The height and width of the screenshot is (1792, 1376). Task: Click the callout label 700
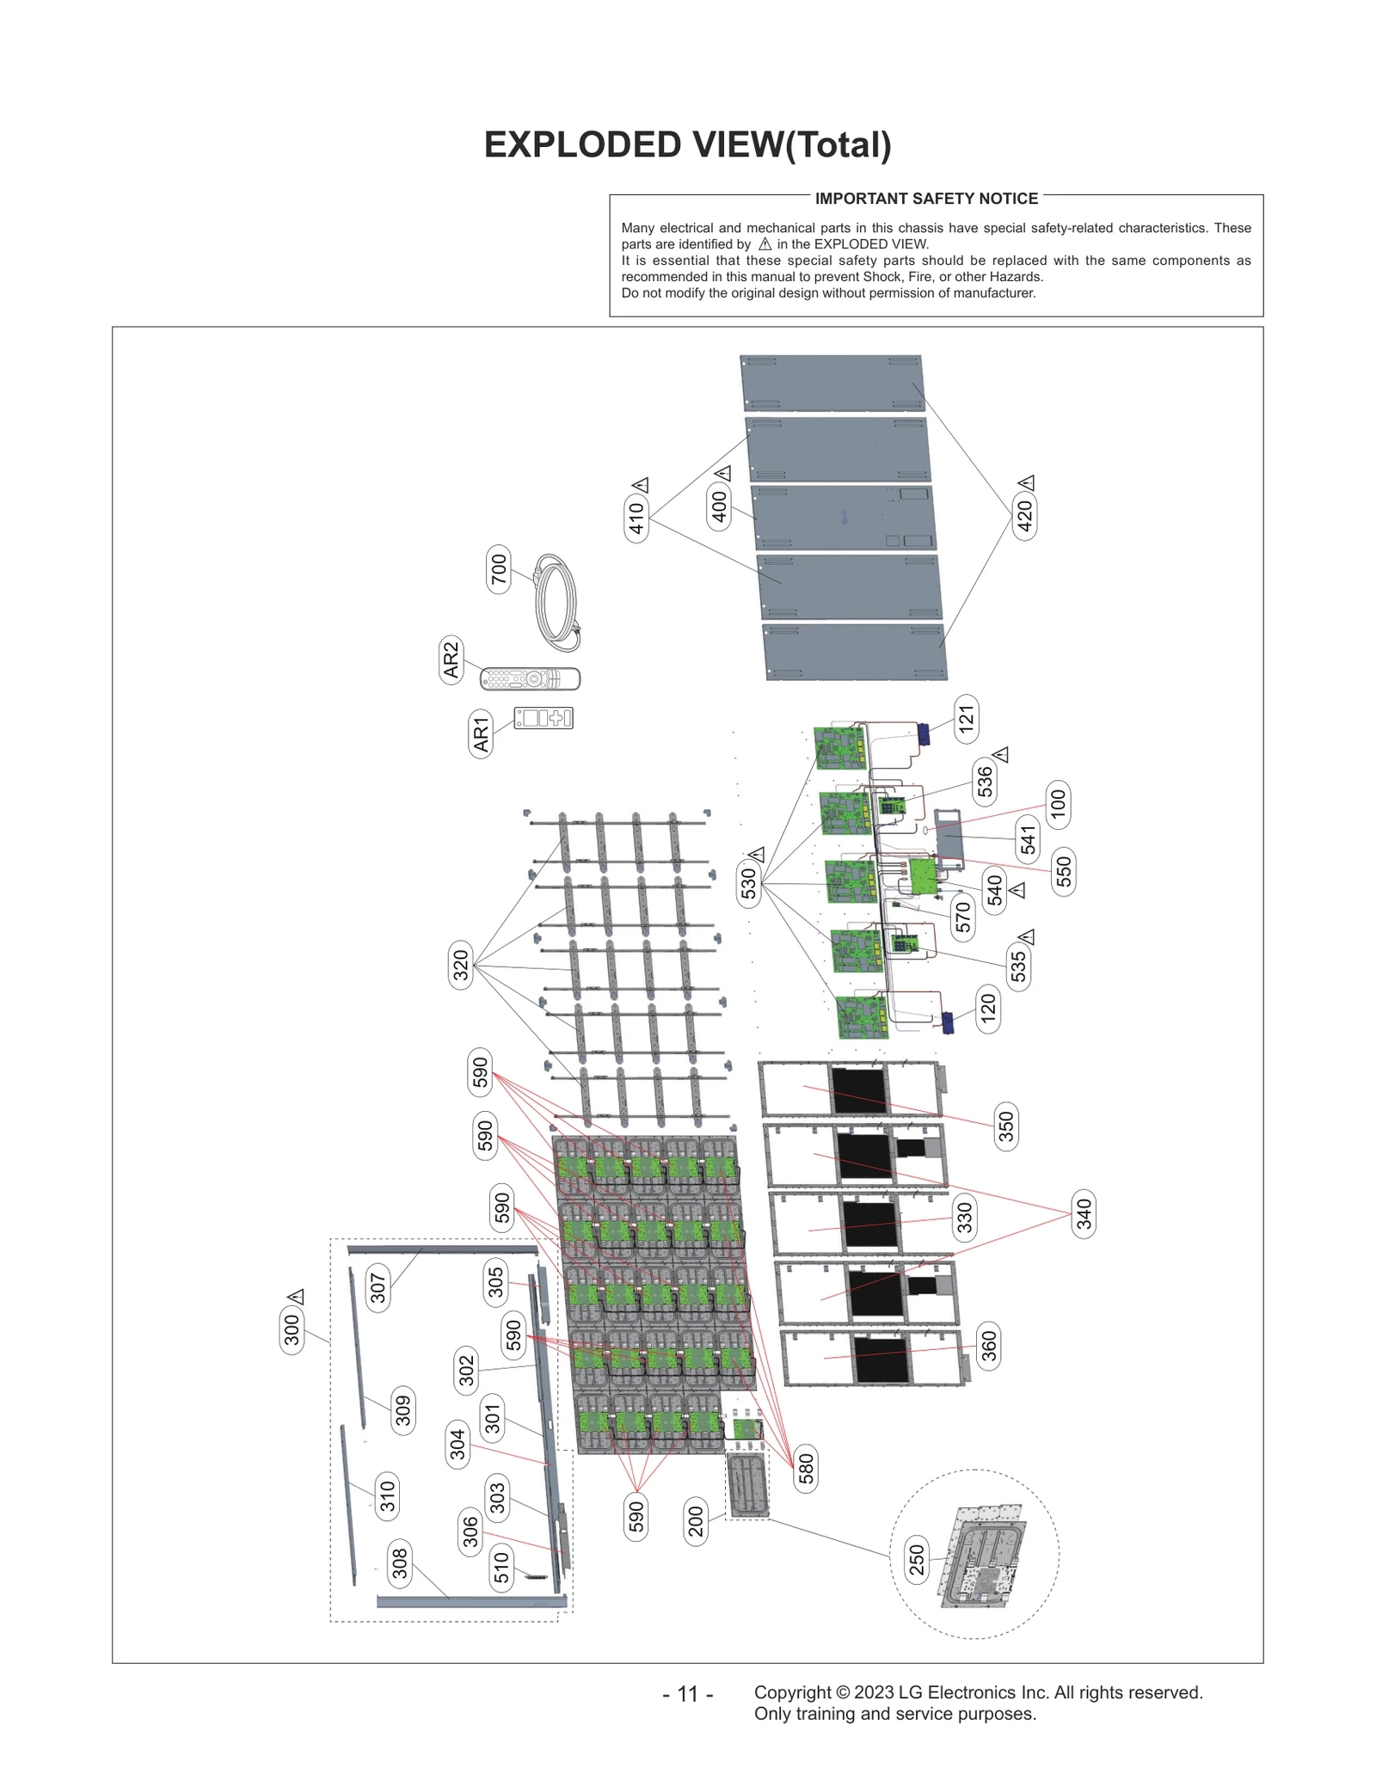(499, 568)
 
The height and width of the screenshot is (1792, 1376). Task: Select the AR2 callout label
(451, 660)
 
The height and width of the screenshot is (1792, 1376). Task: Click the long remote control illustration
(530, 678)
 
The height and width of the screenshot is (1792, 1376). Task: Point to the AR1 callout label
(481, 733)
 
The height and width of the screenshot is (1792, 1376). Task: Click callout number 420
(1024, 516)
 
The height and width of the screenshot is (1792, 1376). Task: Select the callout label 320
(461, 965)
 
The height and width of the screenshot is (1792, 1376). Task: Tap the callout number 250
(916, 1560)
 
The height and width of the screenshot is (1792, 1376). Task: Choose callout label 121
(967, 719)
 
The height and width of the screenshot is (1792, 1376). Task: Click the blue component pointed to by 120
(948, 1022)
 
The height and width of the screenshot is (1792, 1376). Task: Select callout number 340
(1084, 1214)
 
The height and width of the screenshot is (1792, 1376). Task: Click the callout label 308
(400, 1562)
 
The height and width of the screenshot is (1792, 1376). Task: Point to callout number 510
(501, 1568)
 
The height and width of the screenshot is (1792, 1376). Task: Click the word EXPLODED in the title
(582, 144)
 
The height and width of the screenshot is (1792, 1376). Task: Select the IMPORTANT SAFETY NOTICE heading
(926, 199)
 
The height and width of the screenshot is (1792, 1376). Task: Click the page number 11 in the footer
(687, 1693)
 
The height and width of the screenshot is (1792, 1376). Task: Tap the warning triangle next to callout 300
(296, 1297)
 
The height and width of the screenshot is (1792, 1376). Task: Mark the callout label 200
(696, 1521)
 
